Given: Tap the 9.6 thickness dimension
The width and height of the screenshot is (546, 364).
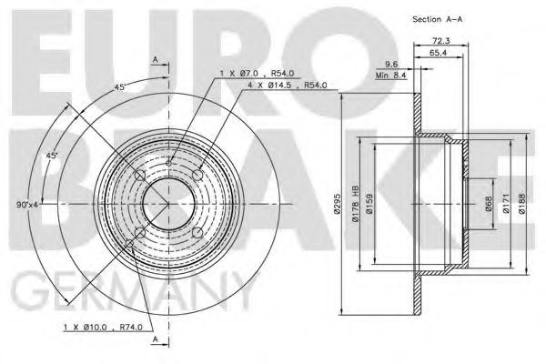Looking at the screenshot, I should (x=390, y=64).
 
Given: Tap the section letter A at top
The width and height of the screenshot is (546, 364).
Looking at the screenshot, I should (x=156, y=60).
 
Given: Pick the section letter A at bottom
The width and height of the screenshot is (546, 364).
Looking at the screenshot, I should (x=156, y=339).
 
